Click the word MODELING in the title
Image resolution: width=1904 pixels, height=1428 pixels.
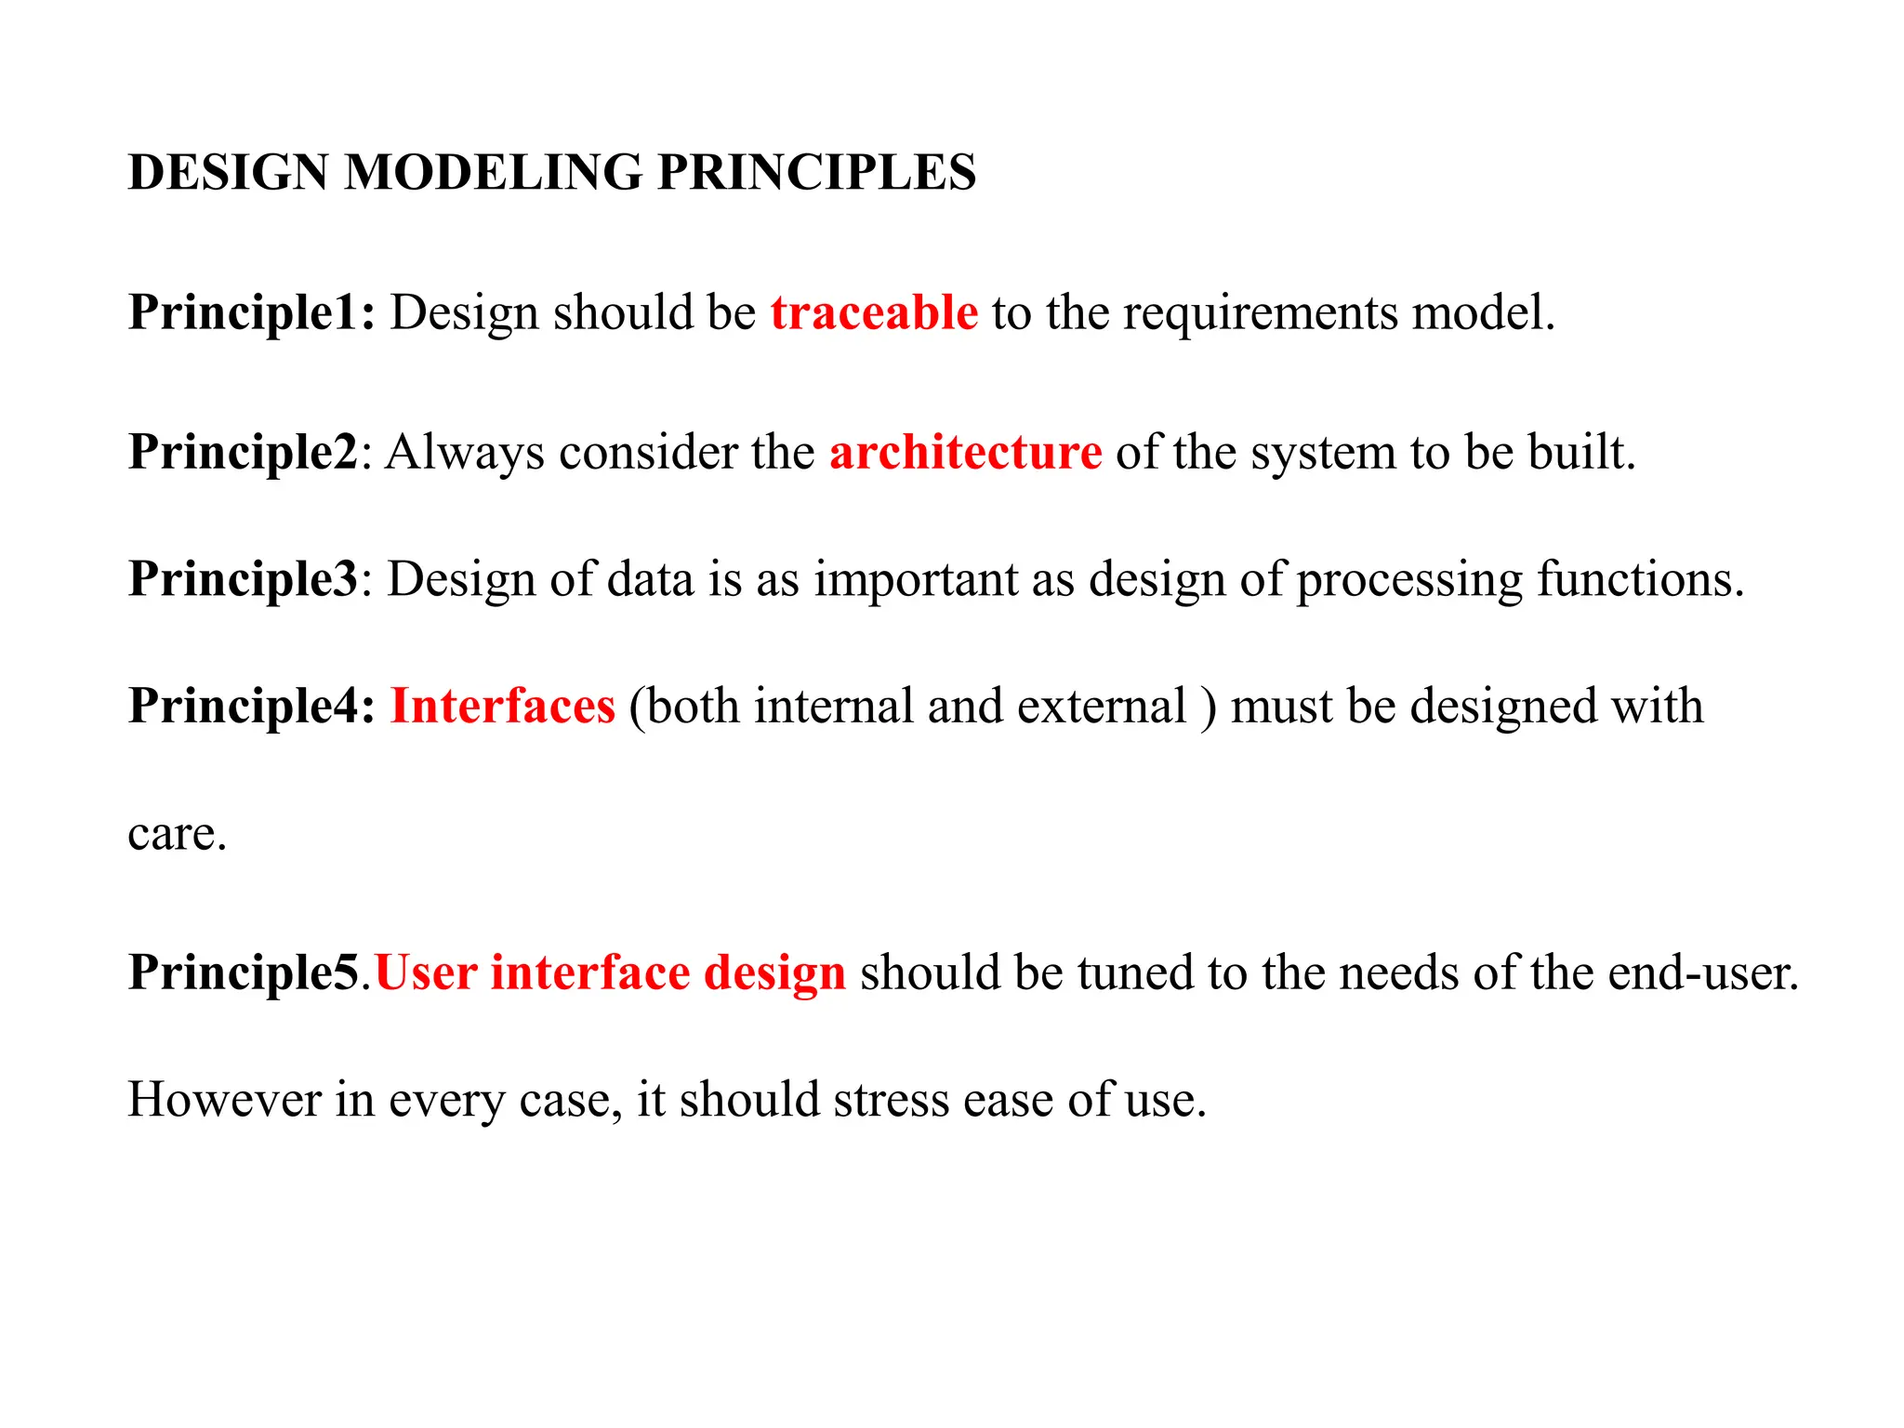point(493,173)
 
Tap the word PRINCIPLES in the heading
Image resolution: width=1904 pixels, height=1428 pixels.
point(816,173)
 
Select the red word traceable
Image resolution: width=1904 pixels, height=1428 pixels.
point(874,312)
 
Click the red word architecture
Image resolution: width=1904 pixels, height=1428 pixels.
point(965,453)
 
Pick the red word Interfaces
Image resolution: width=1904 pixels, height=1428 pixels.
point(502,706)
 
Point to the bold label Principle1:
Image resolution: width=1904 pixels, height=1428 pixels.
point(252,312)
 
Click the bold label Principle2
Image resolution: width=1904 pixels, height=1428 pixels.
point(243,453)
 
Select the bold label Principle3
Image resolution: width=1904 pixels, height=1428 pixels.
point(243,579)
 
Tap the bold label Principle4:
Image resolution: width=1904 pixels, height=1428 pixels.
point(252,706)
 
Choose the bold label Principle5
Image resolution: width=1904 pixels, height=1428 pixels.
point(243,972)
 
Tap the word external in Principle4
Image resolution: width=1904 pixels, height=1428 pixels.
point(1102,706)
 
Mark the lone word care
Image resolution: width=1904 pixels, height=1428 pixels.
point(176,834)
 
